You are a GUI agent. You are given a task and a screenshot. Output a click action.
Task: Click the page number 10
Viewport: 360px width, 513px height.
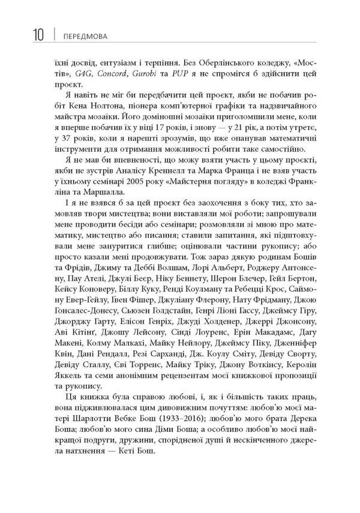(35, 35)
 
